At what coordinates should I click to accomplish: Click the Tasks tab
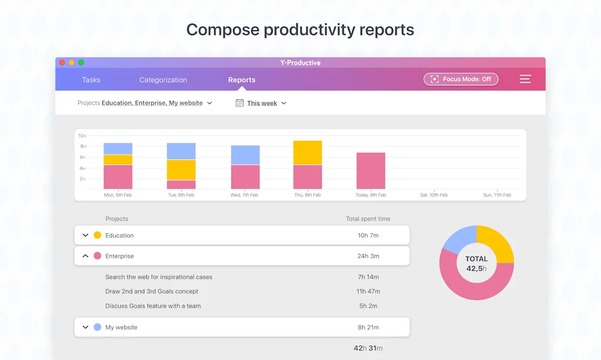coord(91,80)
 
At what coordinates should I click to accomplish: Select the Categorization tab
coord(163,80)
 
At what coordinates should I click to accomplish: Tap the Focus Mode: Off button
coord(461,79)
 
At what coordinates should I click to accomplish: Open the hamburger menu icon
coord(525,79)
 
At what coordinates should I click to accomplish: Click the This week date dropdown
coord(261,103)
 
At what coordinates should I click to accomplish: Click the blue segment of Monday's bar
coord(118,149)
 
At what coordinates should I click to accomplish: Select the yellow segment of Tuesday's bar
coord(181,170)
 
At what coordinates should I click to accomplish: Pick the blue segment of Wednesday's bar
coord(245,155)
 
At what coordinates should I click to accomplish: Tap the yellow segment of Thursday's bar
coord(308,153)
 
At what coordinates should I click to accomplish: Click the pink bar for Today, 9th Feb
coord(371,171)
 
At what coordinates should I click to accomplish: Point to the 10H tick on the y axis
coord(83,136)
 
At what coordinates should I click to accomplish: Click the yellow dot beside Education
coord(97,235)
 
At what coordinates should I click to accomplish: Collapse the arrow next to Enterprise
coord(85,256)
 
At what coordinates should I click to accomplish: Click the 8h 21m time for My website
coord(368,328)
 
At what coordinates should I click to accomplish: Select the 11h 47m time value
coord(369,291)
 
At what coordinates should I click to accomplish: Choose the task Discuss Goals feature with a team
coord(153,306)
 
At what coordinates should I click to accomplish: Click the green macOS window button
coord(81,63)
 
